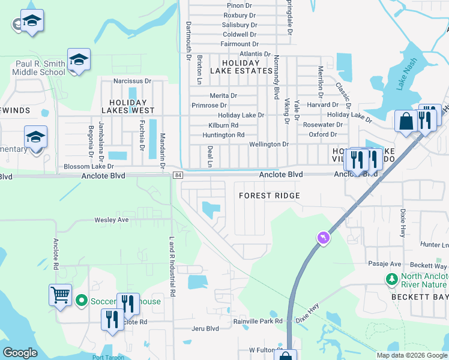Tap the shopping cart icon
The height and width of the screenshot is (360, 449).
(60, 295)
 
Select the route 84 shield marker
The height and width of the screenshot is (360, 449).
(177, 175)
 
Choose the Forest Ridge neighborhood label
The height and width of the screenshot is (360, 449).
(269, 196)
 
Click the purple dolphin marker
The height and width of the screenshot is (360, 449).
(324, 239)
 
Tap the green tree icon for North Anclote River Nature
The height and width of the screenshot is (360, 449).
(392, 280)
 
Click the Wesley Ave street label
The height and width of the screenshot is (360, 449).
(112, 220)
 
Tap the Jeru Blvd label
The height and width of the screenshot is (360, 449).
(205, 328)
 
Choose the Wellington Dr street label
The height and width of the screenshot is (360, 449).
(269, 145)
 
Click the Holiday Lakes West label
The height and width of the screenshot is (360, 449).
(128, 106)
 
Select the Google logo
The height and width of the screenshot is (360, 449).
(20, 352)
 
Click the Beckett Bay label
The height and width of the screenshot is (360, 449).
(421, 298)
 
